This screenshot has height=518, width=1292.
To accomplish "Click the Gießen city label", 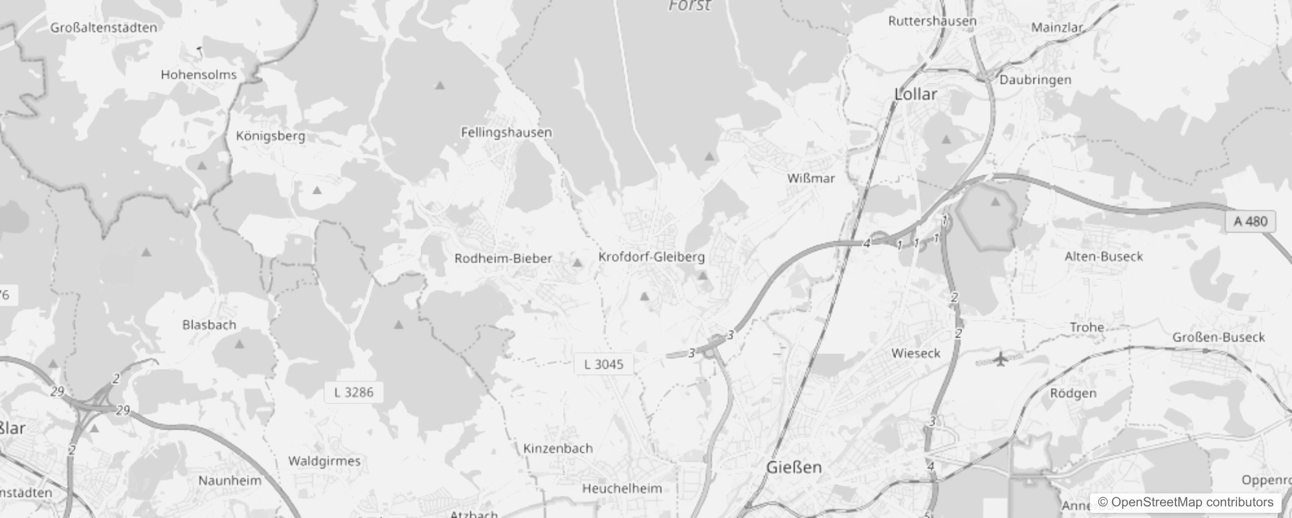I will point(794,467).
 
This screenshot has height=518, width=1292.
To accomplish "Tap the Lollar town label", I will point(915,94).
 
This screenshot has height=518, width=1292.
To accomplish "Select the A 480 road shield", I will point(1250,221).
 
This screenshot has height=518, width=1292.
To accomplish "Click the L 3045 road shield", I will point(603,364).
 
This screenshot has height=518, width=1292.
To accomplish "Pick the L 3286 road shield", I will point(353,392).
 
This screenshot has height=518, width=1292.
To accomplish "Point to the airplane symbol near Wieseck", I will point(1001,358).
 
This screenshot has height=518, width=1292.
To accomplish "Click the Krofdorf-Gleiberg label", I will point(651,256).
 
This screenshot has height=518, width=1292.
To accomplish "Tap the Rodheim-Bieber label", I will point(503,258).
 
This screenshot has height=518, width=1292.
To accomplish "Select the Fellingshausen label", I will point(506,132).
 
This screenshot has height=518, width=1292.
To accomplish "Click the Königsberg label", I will point(271,136).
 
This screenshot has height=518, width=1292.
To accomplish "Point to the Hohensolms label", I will point(199,74).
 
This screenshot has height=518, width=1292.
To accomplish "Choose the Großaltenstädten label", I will point(104,27).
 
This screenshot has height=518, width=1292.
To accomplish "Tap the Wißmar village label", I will point(811,178).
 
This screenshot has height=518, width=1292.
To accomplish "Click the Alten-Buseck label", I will point(1104,256).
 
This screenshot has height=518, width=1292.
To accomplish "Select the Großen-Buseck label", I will point(1218,337).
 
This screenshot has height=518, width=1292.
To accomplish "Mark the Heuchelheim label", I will point(622,488).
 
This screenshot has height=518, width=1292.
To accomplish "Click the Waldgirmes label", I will point(324,461).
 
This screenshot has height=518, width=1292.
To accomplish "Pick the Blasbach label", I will point(209,324).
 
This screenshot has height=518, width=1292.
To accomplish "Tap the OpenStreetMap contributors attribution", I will point(1185,502).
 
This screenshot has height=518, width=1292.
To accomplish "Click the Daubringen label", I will point(1035,80).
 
